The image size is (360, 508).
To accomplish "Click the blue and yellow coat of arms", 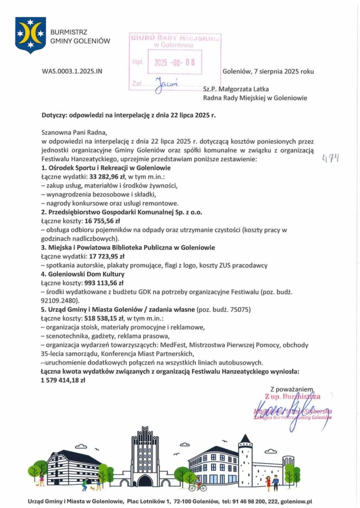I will pyautogui.click(x=30, y=35).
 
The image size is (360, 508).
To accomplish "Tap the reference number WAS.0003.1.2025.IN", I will pyautogui.click(x=72, y=71).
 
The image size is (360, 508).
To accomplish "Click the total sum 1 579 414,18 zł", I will pyautogui.click(x=63, y=381).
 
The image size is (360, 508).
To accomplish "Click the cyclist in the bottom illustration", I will pyautogui.click(x=197, y=485).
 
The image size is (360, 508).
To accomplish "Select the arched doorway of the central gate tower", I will pyautogui.click(x=145, y=481).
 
